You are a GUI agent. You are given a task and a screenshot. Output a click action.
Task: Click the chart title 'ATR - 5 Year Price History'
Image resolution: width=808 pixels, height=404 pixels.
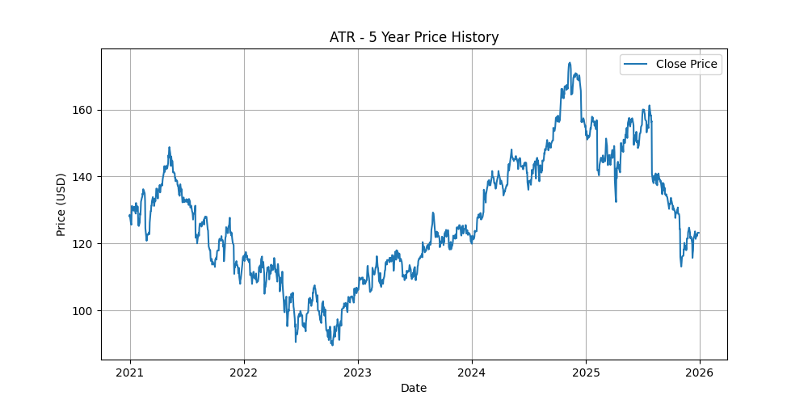tap(414, 37)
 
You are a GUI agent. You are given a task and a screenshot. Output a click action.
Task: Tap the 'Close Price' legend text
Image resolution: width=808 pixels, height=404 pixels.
tap(686, 65)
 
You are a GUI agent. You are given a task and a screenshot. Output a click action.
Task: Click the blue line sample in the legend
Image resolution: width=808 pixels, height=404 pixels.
tap(636, 65)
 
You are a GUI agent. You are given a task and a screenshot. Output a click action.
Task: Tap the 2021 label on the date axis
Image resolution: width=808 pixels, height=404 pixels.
tap(130, 373)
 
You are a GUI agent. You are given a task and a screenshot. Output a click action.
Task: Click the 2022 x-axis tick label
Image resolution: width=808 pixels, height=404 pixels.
tap(244, 373)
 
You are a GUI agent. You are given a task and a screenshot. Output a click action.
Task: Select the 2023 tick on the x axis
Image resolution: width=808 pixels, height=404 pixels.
tap(358, 373)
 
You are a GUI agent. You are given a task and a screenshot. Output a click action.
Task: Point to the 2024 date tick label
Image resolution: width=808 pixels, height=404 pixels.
tap(471, 373)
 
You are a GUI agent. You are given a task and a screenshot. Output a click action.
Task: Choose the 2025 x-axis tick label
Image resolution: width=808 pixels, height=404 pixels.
tap(585, 373)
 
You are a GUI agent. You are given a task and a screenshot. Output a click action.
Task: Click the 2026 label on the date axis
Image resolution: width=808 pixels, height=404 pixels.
tap(699, 373)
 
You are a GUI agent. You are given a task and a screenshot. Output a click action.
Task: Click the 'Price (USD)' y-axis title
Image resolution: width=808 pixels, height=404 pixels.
tap(61, 204)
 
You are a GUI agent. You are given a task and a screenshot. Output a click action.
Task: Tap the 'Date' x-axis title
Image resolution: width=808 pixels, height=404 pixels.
tap(414, 389)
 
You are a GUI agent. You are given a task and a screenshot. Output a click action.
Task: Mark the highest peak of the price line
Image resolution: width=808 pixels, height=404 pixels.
tap(570, 63)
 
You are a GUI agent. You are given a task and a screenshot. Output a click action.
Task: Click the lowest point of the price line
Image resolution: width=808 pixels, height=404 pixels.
tap(332, 345)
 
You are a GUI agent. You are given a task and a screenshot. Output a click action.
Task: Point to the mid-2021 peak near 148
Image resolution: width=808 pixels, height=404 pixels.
tap(169, 147)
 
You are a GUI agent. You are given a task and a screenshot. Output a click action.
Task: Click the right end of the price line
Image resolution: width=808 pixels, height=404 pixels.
tap(699, 233)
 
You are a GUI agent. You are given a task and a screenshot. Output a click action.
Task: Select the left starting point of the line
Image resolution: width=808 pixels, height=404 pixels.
tap(129, 215)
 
